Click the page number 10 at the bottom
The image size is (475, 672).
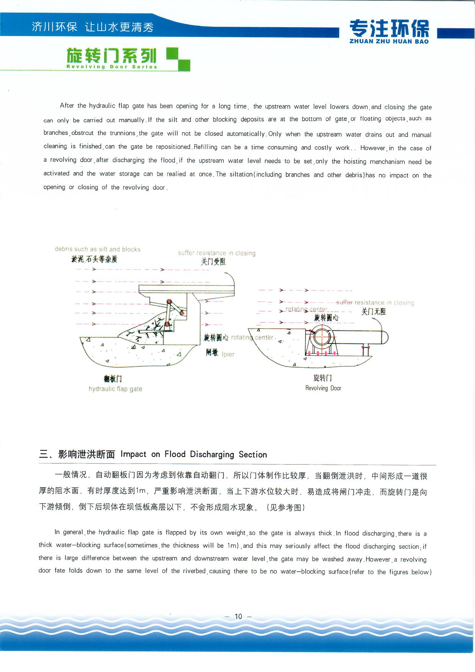pos(238,616)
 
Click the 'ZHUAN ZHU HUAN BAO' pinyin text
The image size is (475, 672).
pos(389,41)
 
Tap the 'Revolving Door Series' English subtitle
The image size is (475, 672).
pos(112,67)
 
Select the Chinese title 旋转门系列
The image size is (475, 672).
pos(112,56)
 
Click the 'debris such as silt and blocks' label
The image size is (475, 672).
pos(98,249)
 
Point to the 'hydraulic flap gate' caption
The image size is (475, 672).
pos(115,389)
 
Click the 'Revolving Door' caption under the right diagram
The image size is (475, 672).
pos(323,388)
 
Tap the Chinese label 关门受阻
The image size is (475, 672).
pos(213,262)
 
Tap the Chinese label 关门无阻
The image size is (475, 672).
pos(373,311)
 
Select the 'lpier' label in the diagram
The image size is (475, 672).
pos(228,354)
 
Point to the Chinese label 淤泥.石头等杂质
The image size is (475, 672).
pos(94,259)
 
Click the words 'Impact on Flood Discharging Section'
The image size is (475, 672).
pos(193,454)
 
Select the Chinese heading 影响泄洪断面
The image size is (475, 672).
pos(87,454)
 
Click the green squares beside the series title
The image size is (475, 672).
pos(178,59)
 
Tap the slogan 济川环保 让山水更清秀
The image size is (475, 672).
pos(93,27)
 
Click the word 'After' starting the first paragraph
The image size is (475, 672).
pos(67,105)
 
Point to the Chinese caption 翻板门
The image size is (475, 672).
pos(113,379)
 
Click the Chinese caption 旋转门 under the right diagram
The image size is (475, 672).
pos(323,378)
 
